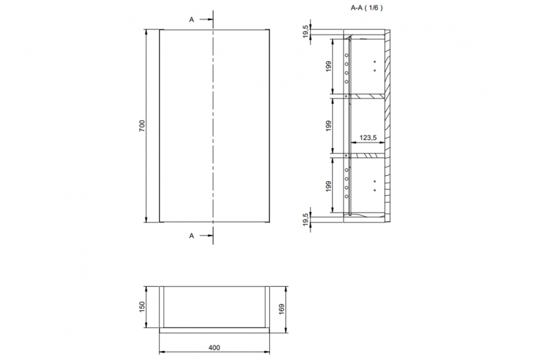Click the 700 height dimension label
coord(142,126)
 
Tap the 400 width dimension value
coord(214,348)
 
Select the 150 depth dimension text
coord(142,306)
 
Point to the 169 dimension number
coord(282,309)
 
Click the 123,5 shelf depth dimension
coord(368,138)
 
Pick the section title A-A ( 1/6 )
coord(366,8)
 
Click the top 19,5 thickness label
coord(306,32)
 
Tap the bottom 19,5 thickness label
coord(306,219)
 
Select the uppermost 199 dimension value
coord(328,66)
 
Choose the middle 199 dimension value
coord(328,126)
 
